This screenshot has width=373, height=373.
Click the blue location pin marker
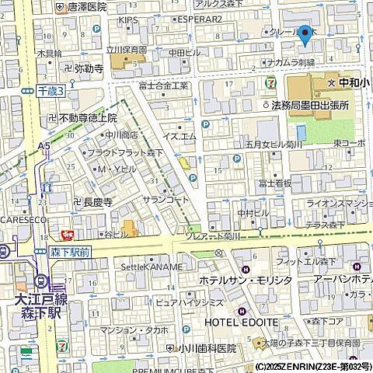click(305, 35)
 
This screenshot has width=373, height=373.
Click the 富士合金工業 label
click(163, 85)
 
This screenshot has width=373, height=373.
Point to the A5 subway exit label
click(44, 145)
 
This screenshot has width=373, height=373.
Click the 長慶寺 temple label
click(97, 201)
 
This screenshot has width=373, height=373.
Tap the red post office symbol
click(67, 233)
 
